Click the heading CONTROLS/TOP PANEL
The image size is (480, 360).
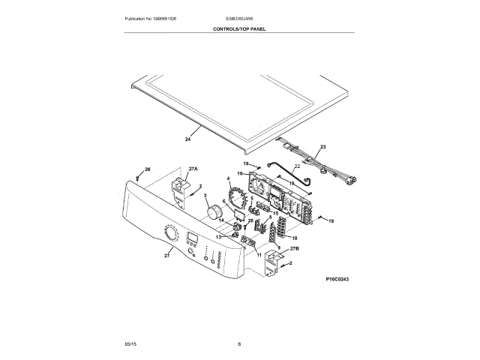239,29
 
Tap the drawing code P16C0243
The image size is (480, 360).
337,278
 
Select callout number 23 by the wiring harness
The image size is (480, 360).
323,147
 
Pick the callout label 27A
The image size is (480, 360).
193,169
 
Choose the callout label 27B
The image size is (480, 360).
294,247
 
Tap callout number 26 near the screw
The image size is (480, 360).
147,169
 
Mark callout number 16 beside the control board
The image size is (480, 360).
240,174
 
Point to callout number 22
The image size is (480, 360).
296,166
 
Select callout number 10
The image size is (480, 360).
284,237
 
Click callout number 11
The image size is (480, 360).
259,255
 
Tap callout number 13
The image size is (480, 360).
218,236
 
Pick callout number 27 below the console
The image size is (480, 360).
166,256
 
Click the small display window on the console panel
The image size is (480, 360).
191,241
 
